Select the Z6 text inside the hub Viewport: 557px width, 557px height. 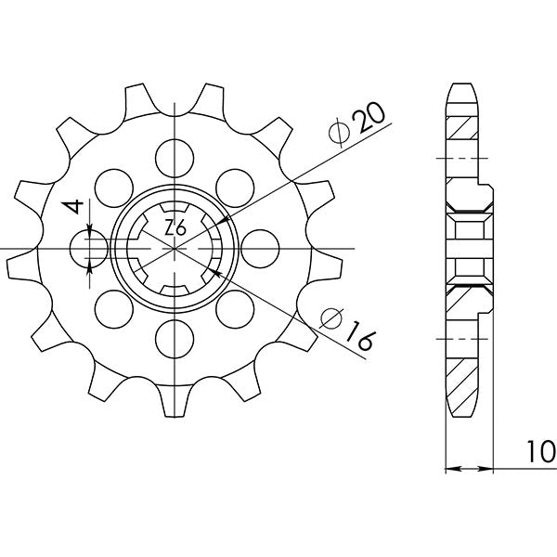pos(174,228)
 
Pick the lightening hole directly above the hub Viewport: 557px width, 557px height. pos(175,152)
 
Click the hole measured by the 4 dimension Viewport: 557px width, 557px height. pos(88,248)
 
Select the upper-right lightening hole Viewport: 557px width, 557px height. pos(238,181)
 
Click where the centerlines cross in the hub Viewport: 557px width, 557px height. pos(175,248)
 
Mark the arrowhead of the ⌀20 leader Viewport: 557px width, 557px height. pos(222,221)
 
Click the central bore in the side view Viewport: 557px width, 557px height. pos(468,248)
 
